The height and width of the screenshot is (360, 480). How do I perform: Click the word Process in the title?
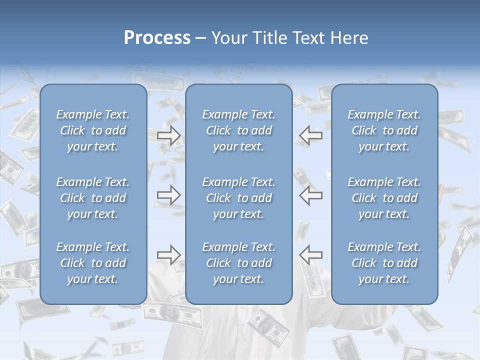(x=157, y=38)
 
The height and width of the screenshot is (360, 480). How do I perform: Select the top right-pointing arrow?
(x=169, y=135)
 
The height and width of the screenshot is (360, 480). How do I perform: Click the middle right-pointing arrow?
(x=169, y=195)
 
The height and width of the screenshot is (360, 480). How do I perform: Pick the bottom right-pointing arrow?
(x=169, y=255)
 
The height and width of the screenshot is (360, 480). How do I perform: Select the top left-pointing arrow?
(x=311, y=135)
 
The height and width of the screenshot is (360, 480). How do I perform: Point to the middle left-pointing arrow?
(x=311, y=195)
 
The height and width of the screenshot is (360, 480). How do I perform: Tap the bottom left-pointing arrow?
(x=311, y=255)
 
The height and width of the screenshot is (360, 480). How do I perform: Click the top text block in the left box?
(x=93, y=130)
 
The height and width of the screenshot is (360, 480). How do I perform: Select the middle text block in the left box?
(x=93, y=198)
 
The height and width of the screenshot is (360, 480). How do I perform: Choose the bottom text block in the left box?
(x=93, y=263)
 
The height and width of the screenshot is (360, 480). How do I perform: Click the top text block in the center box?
(x=239, y=130)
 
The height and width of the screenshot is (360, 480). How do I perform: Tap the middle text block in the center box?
(x=239, y=198)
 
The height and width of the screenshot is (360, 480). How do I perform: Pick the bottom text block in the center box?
(x=239, y=263)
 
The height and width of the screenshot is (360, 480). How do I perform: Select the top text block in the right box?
(x=384, y=130)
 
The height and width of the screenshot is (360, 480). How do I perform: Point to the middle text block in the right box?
(x=384, y=198)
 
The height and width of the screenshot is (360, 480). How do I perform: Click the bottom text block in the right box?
(x=384, y=263)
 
